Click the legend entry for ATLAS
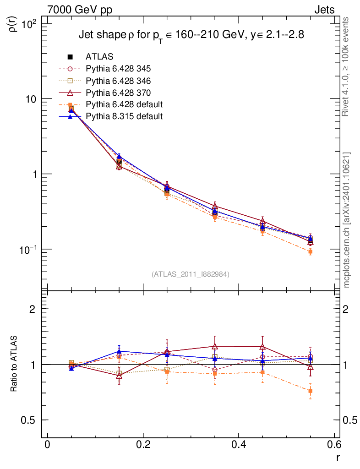[100, 57]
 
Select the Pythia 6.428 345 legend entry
[118, 69]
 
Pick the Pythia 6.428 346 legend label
[118, 81]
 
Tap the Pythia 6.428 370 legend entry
[118, 93]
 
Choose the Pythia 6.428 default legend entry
[124, 104]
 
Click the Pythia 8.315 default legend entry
[124, 116]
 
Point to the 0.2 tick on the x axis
[143, 445]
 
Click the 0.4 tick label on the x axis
[239, 445]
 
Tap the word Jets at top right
[324, 10]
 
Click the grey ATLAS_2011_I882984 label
[190, 274]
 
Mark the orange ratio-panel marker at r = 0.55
[310, 391]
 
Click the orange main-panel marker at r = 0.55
[310, 252]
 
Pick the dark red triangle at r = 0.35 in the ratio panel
[215, 346]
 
